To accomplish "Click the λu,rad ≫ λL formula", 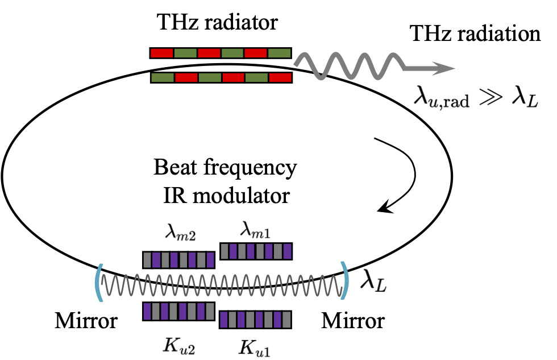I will click(x=475, y=102).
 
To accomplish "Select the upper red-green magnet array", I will click(x=221, y=53).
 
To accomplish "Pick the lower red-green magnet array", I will click(x=221, y=77).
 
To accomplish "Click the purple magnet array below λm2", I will click(x=178, y=260).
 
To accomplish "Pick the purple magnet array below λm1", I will click(x=256, y=251).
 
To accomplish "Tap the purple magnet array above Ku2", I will click(x=178, y=311).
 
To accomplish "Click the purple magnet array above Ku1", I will click(x=256, y=319).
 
